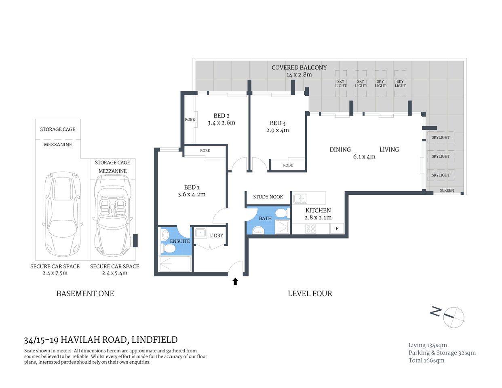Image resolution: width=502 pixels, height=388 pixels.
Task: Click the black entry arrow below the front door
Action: coord(235,281)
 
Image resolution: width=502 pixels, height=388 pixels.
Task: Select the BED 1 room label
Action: coord(192,187)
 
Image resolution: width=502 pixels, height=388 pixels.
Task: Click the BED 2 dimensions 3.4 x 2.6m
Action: coord(221,123)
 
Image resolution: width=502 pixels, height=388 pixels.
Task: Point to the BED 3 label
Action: coord(277,123)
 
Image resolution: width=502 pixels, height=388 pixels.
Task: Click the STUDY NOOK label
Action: coord(268,197)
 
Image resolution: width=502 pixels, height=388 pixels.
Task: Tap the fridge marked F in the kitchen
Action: coord(337,229)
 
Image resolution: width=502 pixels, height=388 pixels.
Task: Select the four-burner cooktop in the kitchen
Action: coord(311,229)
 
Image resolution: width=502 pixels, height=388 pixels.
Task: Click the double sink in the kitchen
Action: coord(300,198)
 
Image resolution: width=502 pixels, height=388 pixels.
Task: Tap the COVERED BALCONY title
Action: coord(299,67)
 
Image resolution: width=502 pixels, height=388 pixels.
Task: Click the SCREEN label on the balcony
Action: coord(447,190)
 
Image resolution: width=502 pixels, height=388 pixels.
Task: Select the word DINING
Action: coord(340,150)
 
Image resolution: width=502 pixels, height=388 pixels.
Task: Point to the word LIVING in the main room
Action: coord(389,150)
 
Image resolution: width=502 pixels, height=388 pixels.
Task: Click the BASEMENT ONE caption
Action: coord(85,294)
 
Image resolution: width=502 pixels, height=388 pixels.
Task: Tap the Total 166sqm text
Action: coord(426,361)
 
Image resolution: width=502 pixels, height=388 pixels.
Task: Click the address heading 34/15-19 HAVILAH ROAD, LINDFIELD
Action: coord(101,340)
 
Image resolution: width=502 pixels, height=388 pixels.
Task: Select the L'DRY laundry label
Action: coord(216,236)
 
